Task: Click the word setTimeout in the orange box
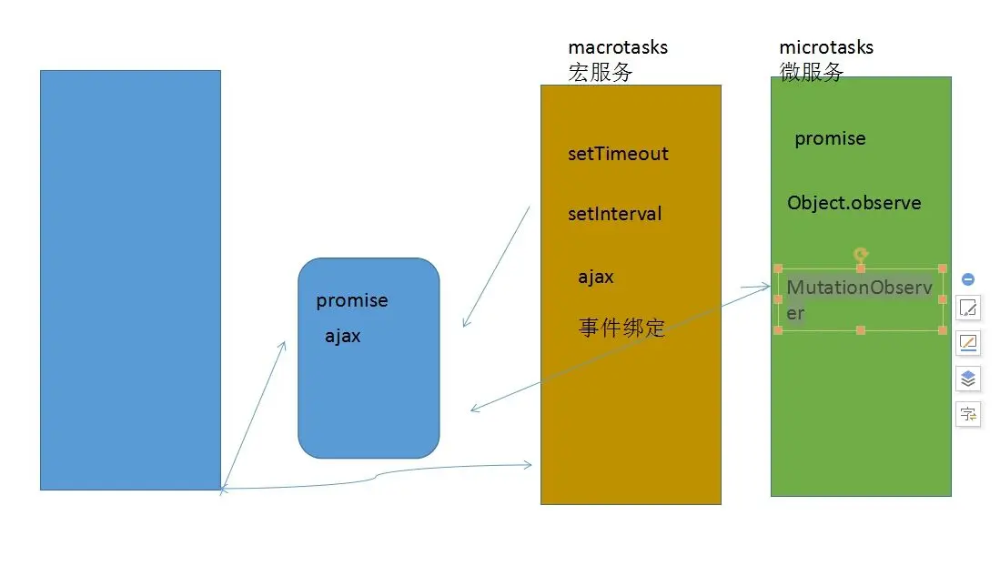click(618, 154)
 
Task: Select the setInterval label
click(614, 215)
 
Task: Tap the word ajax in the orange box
click(596, 278)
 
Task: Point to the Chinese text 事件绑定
click(622, 328)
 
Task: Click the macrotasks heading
click(618, 47)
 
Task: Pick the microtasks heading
click(826, 47)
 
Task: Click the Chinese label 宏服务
click(600, 73)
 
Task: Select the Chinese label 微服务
click(811, 73)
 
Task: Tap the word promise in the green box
click(830, 138)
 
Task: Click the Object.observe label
click(854, 203)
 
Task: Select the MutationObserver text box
click(859, 299)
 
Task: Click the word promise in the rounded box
click(352, 300)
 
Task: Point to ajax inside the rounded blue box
click(343, 336)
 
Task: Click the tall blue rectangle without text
click(130, 279)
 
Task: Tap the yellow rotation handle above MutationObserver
click(860, 255)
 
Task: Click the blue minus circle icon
click(968, 279)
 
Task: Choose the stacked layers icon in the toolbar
click(968, 379)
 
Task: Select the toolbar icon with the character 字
click(968, 414)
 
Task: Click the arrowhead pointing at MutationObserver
click(768, 287)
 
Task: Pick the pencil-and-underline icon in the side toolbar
click(968, 343)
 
